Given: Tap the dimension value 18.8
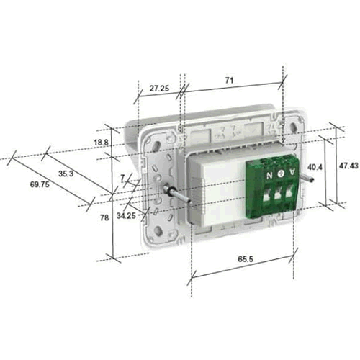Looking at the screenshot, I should pos(102,143).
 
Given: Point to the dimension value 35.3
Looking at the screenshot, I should pos(66,174).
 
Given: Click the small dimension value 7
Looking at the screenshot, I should pos(122,176).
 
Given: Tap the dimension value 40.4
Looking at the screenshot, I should pos(314,167).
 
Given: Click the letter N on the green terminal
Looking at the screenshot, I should pos(270,174).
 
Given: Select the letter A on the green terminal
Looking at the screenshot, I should pos(292,174).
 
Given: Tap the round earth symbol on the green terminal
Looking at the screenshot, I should pos(281,174).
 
